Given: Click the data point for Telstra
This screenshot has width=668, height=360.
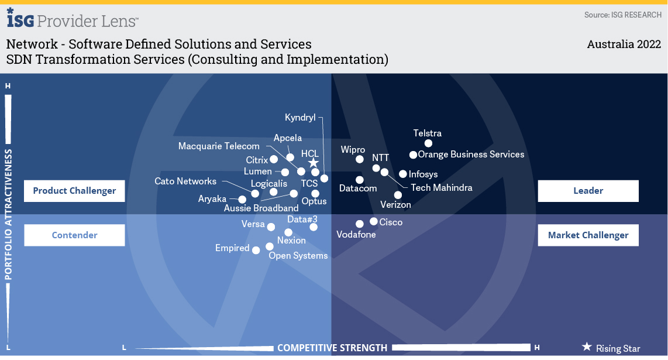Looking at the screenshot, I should (x=428, y=143).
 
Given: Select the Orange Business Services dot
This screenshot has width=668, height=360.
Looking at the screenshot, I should (x=413, y=155).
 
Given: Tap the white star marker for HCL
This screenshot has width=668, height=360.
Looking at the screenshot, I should (x=314, y=163).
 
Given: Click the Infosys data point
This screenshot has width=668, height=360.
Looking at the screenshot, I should (x=402, y=174).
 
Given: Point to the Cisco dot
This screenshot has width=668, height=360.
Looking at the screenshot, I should (x=374, y=222).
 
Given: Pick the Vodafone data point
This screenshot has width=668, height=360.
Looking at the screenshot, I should (x=360, y=224).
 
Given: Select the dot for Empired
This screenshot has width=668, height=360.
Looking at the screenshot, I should (x=256, y=250).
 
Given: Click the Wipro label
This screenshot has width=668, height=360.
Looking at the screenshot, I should (x=353, y=150).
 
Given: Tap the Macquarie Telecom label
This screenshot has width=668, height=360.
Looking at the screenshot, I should (x=219, y=146).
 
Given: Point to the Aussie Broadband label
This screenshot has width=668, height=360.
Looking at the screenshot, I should (x=261, y=208).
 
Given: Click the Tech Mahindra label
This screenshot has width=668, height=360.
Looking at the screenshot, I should (x=442, y=188).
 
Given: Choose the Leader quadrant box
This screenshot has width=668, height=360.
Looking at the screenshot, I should (x=588, y=191).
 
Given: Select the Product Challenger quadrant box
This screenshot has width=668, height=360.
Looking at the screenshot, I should (x=74, y=191).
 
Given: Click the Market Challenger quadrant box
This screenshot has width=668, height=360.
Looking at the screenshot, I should (x=588, y=235).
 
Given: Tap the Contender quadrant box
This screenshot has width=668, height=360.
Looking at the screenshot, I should (x=74, y=235).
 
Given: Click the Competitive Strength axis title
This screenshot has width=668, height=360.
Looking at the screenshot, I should (x=332, y=348).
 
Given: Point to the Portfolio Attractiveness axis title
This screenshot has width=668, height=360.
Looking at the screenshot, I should (x=9, y=214).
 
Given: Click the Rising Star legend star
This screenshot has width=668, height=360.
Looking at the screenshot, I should (x=587, y=347).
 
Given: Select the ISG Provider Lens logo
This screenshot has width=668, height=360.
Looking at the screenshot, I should (x=73, y=20).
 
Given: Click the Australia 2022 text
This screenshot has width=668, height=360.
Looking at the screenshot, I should (x=624, y=44).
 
